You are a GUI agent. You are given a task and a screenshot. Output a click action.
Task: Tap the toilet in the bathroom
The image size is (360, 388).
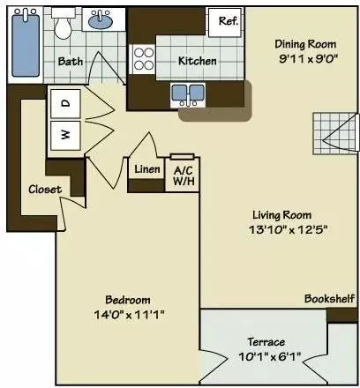(63, 26)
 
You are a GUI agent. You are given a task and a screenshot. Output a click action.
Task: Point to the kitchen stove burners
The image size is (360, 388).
(143, 61)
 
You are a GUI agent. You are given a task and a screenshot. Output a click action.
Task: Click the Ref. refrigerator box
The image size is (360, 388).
(227, 21)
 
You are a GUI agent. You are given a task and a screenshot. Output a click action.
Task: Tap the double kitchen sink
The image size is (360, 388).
(190, 93)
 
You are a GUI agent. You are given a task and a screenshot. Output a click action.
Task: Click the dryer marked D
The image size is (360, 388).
(65, 104)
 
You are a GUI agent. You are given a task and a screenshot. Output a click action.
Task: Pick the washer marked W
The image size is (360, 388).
(65, 136)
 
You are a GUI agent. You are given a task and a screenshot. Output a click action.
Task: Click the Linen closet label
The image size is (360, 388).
(146, 170)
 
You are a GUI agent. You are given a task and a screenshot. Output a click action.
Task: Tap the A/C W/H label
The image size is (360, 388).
(183, 175)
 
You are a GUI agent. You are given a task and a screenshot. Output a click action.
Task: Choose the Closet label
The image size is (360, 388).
(44, 189)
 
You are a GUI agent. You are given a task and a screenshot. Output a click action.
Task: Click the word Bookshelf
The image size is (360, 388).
(329, 299)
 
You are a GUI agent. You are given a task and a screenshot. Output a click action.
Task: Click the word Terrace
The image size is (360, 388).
(266, 342)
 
